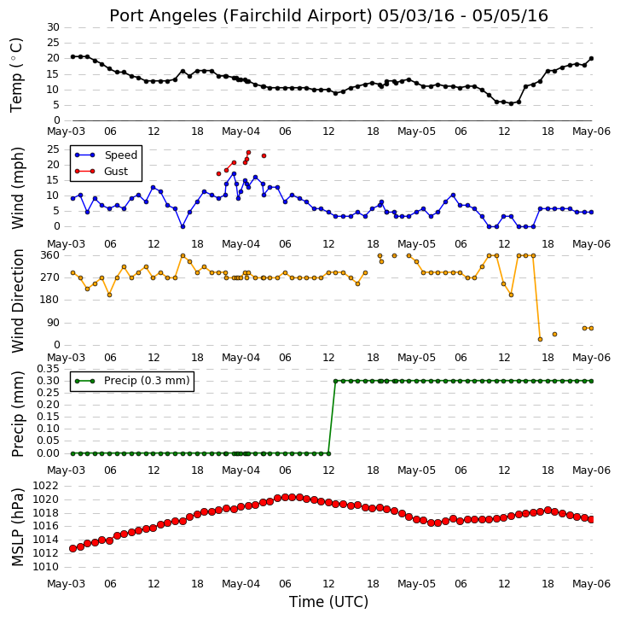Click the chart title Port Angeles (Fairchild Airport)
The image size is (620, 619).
(x=240, y=16)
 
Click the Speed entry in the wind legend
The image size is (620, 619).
(x=106, y=155)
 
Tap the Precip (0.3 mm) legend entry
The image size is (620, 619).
(x=132, y=381)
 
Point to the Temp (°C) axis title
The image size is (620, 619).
(x=16, y=74)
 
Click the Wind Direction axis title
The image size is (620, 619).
(x=17, y=301)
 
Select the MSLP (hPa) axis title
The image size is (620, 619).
(x=17, y=527)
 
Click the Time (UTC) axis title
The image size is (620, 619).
(x=328, y=602)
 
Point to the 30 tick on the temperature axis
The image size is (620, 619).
(x=53, y=27)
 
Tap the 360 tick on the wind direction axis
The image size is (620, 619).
(x=49, y=255)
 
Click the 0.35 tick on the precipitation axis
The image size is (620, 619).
(x=48, y=369)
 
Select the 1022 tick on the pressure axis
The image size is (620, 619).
(x=45, y=486)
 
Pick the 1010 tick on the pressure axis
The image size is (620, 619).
(x=45, y=567)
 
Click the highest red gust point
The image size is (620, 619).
(x=248, y=152)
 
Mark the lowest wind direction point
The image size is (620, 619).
(x=540, y=339)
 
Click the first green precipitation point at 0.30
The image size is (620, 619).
(x=336, y=381)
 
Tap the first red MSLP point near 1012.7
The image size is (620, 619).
(x=72, y=548)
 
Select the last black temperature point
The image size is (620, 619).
(x=592, y=59)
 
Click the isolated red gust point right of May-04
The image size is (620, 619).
(x=264, y=156)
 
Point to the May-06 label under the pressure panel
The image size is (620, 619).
(x=592, y=584)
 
